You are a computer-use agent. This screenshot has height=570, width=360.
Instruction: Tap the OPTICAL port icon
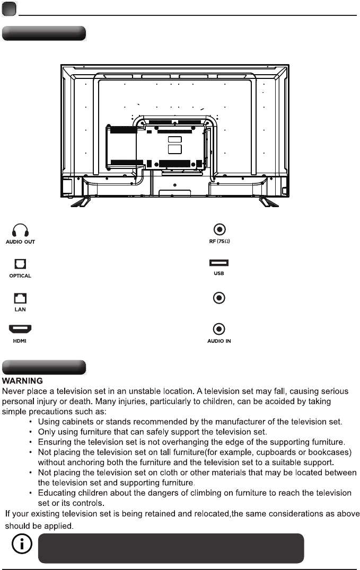click(x=20, y=264)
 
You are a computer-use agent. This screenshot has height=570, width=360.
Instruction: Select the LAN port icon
click(x=20, y=297)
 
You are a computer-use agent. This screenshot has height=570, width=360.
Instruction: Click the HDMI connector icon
click(x=20, y=330)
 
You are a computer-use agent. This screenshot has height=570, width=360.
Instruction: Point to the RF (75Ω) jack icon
click(x=219, y=229)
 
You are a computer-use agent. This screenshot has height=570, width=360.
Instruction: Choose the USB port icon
click(x=219, y=263)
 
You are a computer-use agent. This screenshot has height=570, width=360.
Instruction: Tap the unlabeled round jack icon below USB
click(x=219, y=298)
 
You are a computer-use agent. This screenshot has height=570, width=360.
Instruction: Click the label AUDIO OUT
click(x=20, y=242)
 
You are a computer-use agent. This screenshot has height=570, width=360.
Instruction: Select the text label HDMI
click(x=20, y=341)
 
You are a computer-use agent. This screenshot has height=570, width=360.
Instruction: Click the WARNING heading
click(x=23, y=381)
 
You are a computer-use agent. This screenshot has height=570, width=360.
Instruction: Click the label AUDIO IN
click(x=219, y=341)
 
